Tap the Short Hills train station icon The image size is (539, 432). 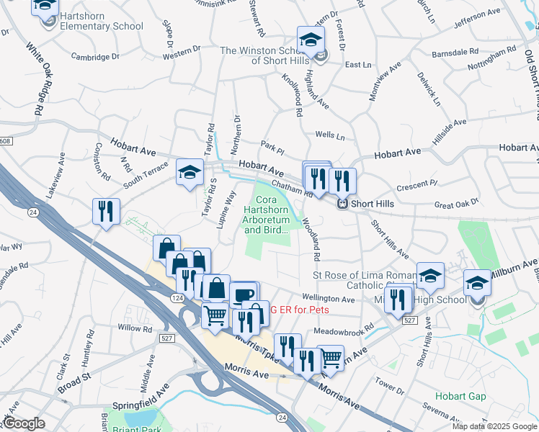pos(343,204)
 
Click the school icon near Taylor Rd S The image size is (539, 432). pos(190,173)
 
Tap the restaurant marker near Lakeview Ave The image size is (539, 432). pos(107,212)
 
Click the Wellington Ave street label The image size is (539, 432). pos(329,298)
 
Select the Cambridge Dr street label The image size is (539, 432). pos(95,56)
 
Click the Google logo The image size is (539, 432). pos(24,423)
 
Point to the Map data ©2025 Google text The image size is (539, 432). pos(494,426)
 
